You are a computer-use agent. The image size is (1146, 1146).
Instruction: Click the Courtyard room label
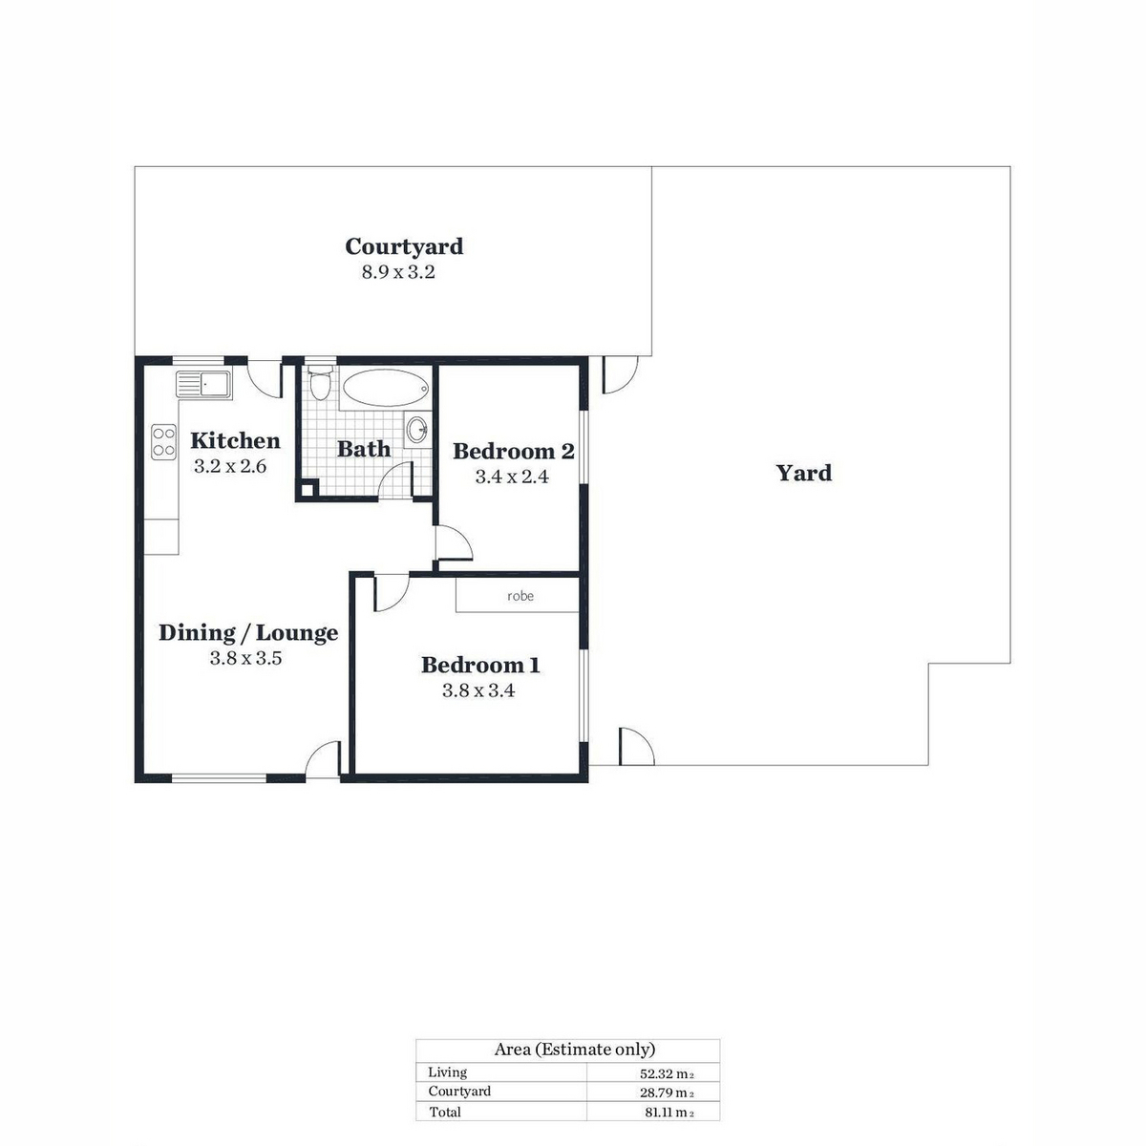click(404, 246)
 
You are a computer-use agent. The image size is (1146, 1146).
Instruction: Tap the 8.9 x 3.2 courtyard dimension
click(398, 272)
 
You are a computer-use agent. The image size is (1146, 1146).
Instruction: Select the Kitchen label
click(236, 440)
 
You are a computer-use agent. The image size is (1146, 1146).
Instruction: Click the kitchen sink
click(203, 384)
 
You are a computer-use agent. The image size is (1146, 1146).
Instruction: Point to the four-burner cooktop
click(163, 442)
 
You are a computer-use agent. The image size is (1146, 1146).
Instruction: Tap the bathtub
click(386, 388)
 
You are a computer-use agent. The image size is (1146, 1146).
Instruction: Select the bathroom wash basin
click(417, 429)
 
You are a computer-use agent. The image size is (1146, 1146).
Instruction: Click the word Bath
click(364, 449)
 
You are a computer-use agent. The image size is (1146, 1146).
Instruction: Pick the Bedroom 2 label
click(514, 452)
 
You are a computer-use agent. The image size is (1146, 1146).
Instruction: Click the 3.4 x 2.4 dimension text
click(512, 477)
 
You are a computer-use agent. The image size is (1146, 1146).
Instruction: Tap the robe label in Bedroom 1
click(520, 596)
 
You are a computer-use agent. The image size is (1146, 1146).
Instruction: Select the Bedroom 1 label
click(480, 665)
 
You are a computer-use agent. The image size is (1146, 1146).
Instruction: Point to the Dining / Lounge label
click(248, 633)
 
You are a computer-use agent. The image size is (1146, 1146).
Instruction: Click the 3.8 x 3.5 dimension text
click(245, 658)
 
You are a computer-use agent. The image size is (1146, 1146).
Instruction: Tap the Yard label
click(804, 474)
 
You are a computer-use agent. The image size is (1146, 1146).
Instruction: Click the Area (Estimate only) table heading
click(575, 1050)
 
